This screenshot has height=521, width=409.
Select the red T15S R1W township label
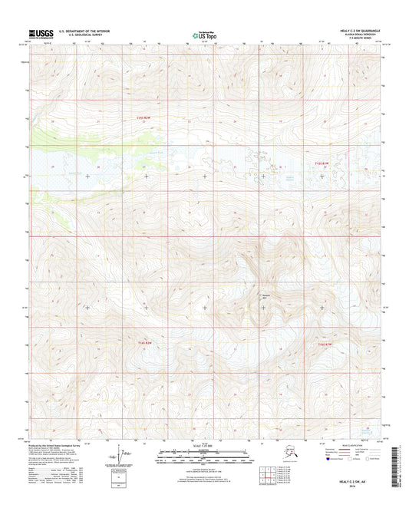(322, 163)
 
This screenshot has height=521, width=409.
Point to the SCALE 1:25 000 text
(204, 446)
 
